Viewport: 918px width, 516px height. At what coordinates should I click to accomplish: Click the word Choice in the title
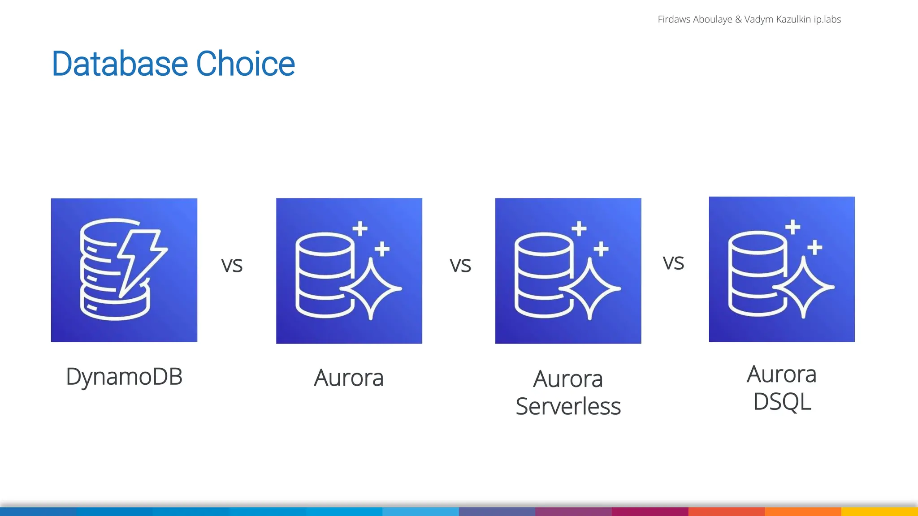tap(245, 64)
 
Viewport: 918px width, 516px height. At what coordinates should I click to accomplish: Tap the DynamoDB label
tap(124, 377)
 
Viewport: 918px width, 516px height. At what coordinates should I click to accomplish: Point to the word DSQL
tap(782, 402)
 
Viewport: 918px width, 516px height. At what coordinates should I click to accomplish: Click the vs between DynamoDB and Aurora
tap(232, 265)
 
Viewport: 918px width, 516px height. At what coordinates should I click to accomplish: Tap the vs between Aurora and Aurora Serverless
tap(460, 265)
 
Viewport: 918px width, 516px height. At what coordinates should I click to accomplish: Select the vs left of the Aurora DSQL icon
tap(673, 263)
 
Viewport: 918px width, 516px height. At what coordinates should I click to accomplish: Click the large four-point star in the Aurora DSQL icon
tap(804, 287)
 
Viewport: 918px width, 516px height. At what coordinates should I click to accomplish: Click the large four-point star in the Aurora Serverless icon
tap(590, 289)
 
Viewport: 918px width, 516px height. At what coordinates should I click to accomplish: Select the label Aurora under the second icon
tap(349, 378)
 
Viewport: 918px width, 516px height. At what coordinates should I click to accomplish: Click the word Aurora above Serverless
tap(568, 379)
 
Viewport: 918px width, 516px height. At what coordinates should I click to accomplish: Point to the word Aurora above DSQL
tap(782, 374)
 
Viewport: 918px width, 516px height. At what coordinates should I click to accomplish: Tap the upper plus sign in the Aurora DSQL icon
tap(793, 227)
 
